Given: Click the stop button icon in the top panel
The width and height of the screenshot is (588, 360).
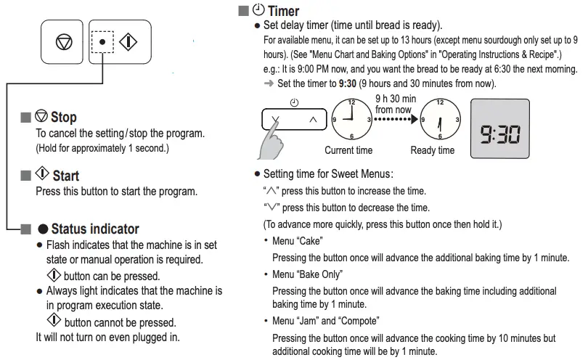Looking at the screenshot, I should (x=64, y=42).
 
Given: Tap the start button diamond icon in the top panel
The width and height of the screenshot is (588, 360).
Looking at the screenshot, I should (x=128, y=42).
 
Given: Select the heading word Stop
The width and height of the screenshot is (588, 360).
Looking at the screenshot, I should (x=63, y=117).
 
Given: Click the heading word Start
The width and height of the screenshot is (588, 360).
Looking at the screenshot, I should (x=65, y=175).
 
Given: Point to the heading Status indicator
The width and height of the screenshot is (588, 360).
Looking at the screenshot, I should (x=94, y=229).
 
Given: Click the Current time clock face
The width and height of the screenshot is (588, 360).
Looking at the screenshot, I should (x=351, y=120).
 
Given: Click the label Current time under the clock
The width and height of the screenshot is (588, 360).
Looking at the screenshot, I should (x=348, y=150).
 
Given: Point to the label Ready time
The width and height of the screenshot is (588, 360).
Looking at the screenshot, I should (x=433, y=150).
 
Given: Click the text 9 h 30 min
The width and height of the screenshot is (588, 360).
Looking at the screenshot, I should (x=396, y=99).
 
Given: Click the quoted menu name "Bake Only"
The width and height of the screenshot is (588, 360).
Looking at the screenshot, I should (x=317, y=274).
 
